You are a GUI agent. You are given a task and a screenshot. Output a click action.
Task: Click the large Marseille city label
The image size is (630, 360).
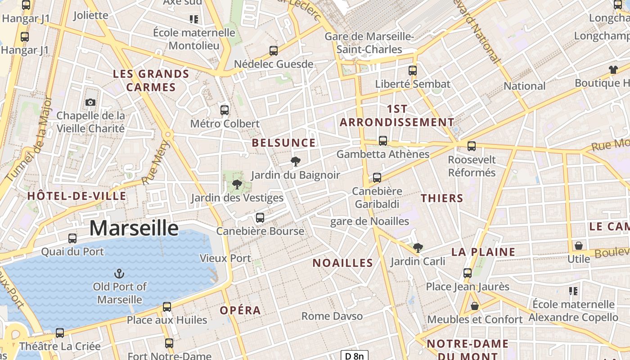click(134, 228)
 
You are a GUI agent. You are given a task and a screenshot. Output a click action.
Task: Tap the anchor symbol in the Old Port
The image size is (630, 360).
click(119, 273)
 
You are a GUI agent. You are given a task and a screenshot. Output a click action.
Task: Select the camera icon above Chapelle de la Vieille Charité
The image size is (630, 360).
click(90, 102)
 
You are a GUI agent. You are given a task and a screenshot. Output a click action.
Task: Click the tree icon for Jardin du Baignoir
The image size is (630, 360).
click(296, 162)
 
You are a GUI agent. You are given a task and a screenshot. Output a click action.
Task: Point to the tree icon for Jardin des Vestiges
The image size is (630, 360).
click(237, 184)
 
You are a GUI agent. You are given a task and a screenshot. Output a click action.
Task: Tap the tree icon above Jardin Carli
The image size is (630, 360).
click(418, 247)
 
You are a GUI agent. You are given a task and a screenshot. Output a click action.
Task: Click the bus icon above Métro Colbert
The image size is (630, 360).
click(224, 110)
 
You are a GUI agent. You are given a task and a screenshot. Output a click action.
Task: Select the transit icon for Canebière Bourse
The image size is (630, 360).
click(260, 218)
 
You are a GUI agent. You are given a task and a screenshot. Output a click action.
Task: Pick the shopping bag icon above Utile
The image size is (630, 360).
click(579, 246)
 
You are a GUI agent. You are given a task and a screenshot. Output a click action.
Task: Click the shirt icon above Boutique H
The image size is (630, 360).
click(613, 69)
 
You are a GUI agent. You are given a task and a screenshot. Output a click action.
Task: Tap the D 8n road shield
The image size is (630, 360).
click(354, 356)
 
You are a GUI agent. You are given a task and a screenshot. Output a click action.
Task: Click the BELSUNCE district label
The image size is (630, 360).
click(283, 143)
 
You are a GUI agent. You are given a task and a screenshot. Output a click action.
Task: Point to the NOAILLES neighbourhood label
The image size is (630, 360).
click(343, 263)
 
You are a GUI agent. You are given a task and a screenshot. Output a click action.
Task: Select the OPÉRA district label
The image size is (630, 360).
click(240, 310)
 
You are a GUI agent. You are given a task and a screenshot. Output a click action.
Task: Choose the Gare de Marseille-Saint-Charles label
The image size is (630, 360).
click(369, 43)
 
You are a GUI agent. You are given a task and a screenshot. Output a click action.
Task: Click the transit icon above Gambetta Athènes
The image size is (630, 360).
click(383, 141)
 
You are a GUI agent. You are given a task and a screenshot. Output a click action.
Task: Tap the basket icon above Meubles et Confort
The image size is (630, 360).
click(474, 306)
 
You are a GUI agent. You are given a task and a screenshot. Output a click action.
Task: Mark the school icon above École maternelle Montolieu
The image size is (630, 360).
click(194, 19)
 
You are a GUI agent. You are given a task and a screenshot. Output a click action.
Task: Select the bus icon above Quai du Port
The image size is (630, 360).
click(72, 238)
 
